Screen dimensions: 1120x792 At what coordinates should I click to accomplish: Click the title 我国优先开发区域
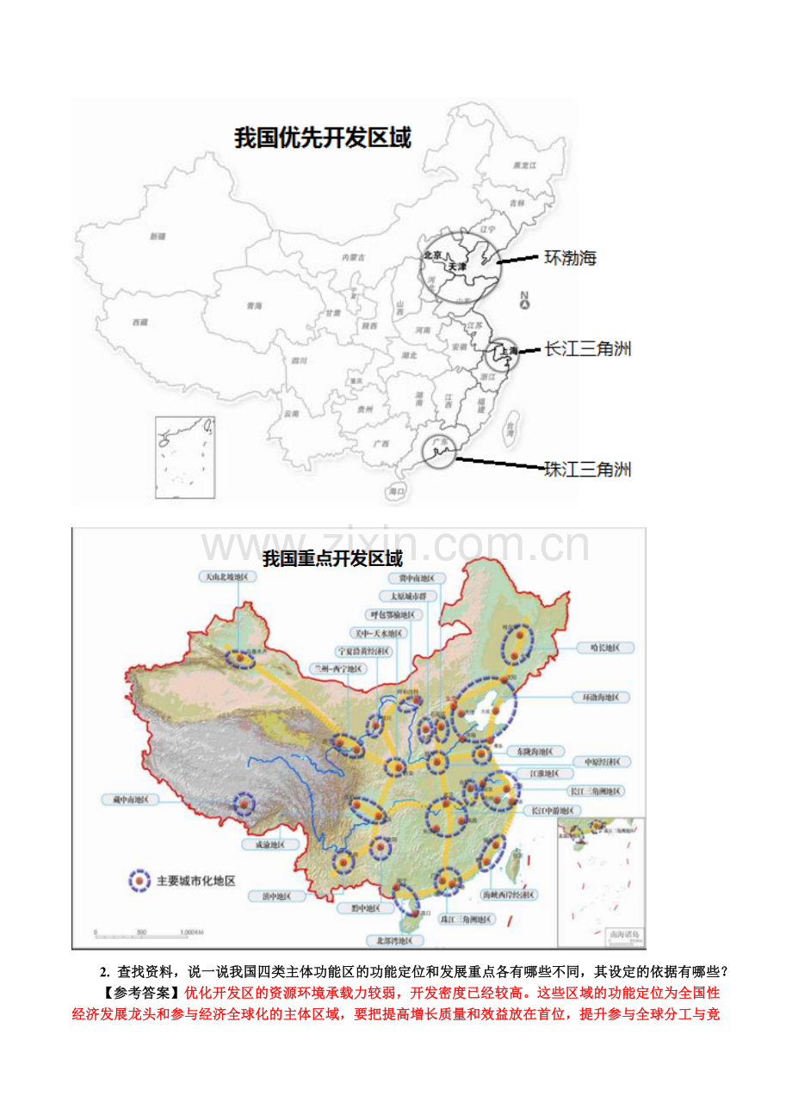(x=323, y=138)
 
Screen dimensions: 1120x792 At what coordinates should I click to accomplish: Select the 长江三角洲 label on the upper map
(x=588, y=349)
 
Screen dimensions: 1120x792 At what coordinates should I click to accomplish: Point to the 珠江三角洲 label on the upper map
(x=588, y=469)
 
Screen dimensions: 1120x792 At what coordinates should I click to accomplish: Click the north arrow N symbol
(x=524, y=300)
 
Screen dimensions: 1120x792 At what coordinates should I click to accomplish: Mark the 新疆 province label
(x=157, y=236)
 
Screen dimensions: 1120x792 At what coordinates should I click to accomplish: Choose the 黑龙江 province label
(x=524, y=164)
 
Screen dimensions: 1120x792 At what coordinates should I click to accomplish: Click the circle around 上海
(x=503, y=353)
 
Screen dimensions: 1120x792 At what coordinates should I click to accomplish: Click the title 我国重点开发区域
(x=332, y=558)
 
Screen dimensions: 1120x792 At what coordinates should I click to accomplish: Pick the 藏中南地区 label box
(x=130, y=798)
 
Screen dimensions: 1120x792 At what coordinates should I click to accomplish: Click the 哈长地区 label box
(x=604, y=647)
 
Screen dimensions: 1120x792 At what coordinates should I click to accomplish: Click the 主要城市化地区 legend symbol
(x=140, y=881)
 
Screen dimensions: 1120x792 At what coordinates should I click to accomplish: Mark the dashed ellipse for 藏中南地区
(x=245, y=804)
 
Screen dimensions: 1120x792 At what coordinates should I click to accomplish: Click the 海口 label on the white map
(x=397, y=491)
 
